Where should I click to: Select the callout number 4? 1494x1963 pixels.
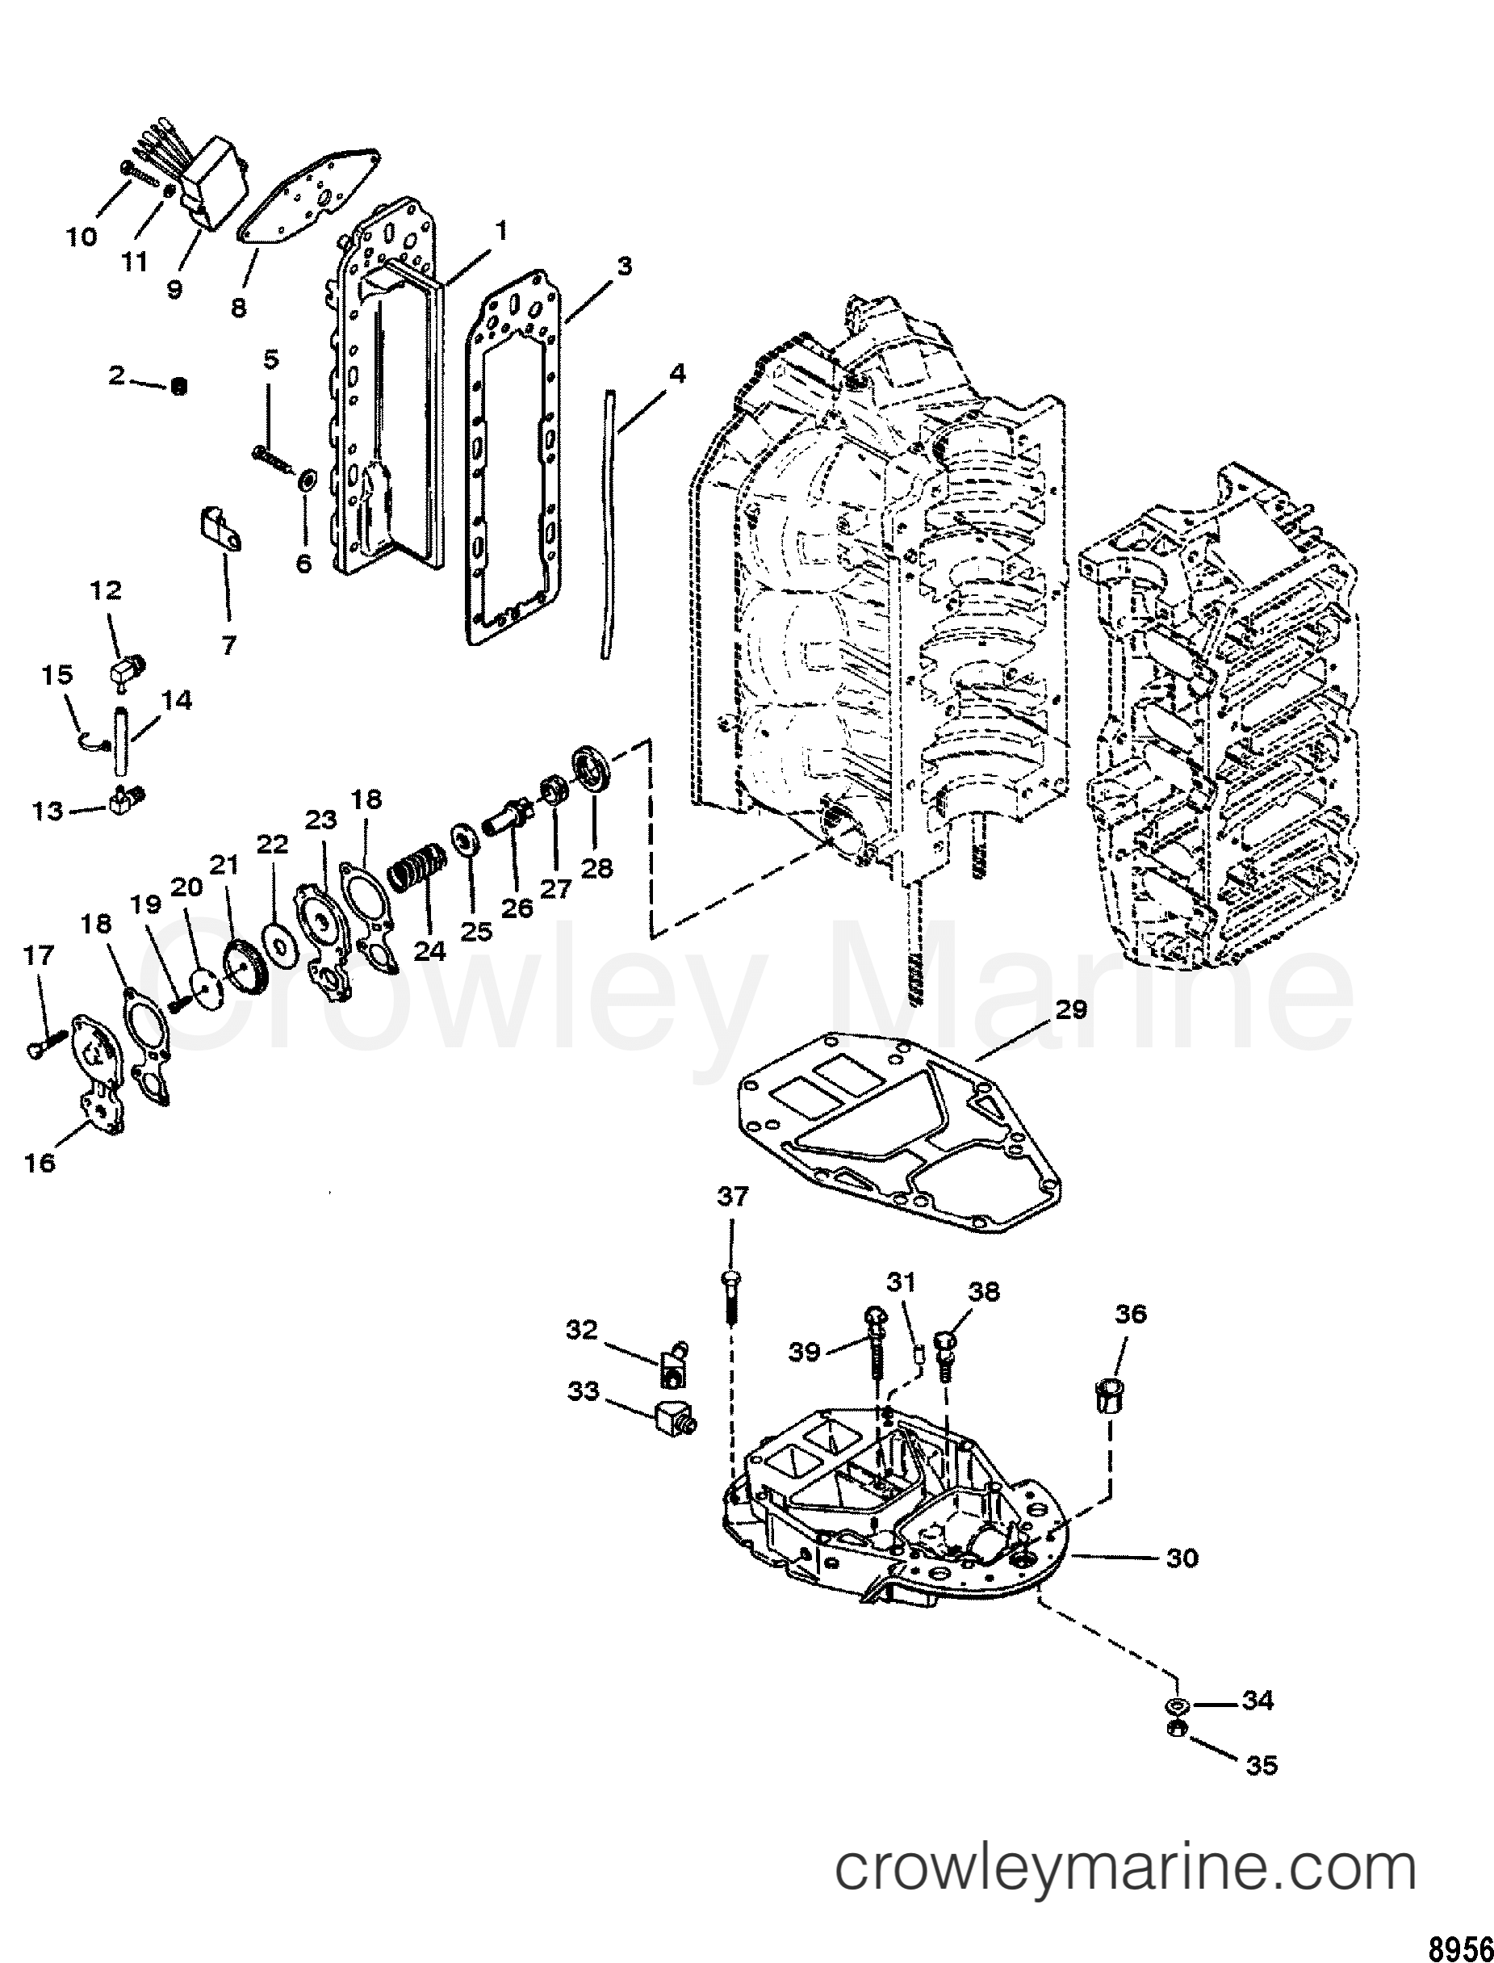pos(676,374)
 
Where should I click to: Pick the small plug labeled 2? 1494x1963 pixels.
pos(178,385)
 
